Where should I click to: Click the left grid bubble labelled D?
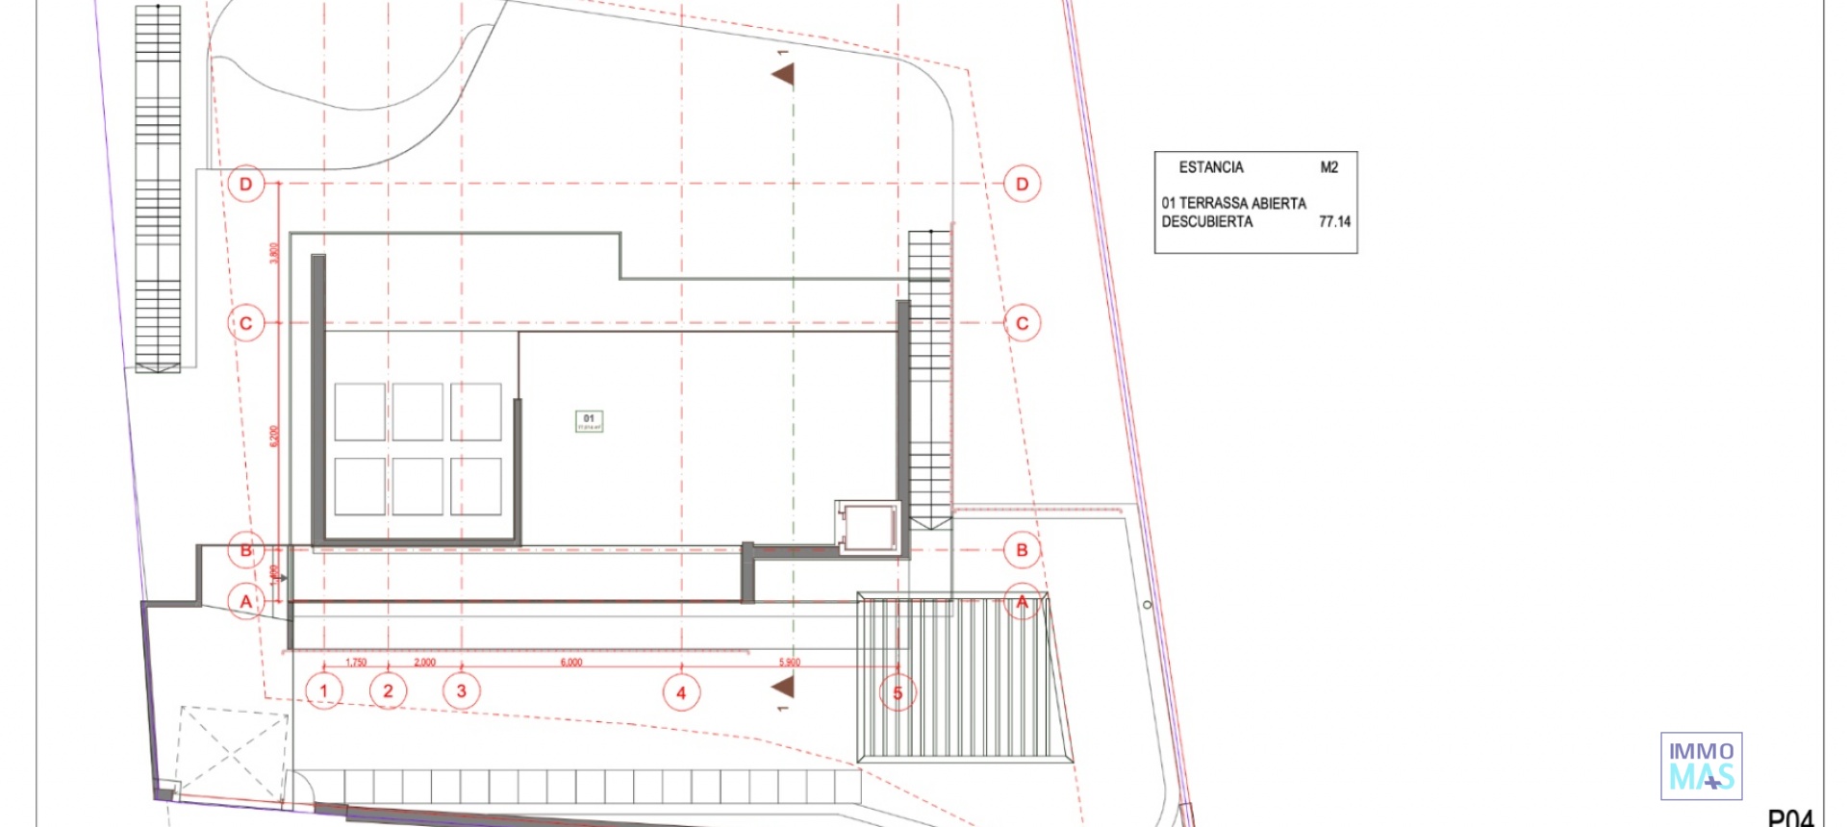click(246, 184)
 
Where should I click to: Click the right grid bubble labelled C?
click(1022, 323)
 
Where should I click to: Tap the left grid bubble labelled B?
click(246, 550)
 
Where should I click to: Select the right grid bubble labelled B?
click(1022, 550)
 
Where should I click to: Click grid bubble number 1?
click(324, 690)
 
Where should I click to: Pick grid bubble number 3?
click(462, 690)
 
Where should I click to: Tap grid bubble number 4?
click(681, 692)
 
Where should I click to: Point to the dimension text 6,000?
click(571, 663)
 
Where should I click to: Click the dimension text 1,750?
click(356, 663)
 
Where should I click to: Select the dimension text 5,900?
click(789, 663)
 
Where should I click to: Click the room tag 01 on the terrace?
click(589, 420)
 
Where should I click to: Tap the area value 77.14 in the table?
click(1334, 222)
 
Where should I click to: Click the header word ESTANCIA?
click(1211, 167)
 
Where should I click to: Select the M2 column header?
click(1328, 167)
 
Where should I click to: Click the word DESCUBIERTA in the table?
click(1207, 222)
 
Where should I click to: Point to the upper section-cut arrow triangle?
click(785, 74)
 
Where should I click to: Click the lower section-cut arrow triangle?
click(785, 686)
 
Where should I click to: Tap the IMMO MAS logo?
click(1701, 766)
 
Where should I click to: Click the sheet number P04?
click(1790, 818)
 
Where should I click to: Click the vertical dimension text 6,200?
click(273, 436)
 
